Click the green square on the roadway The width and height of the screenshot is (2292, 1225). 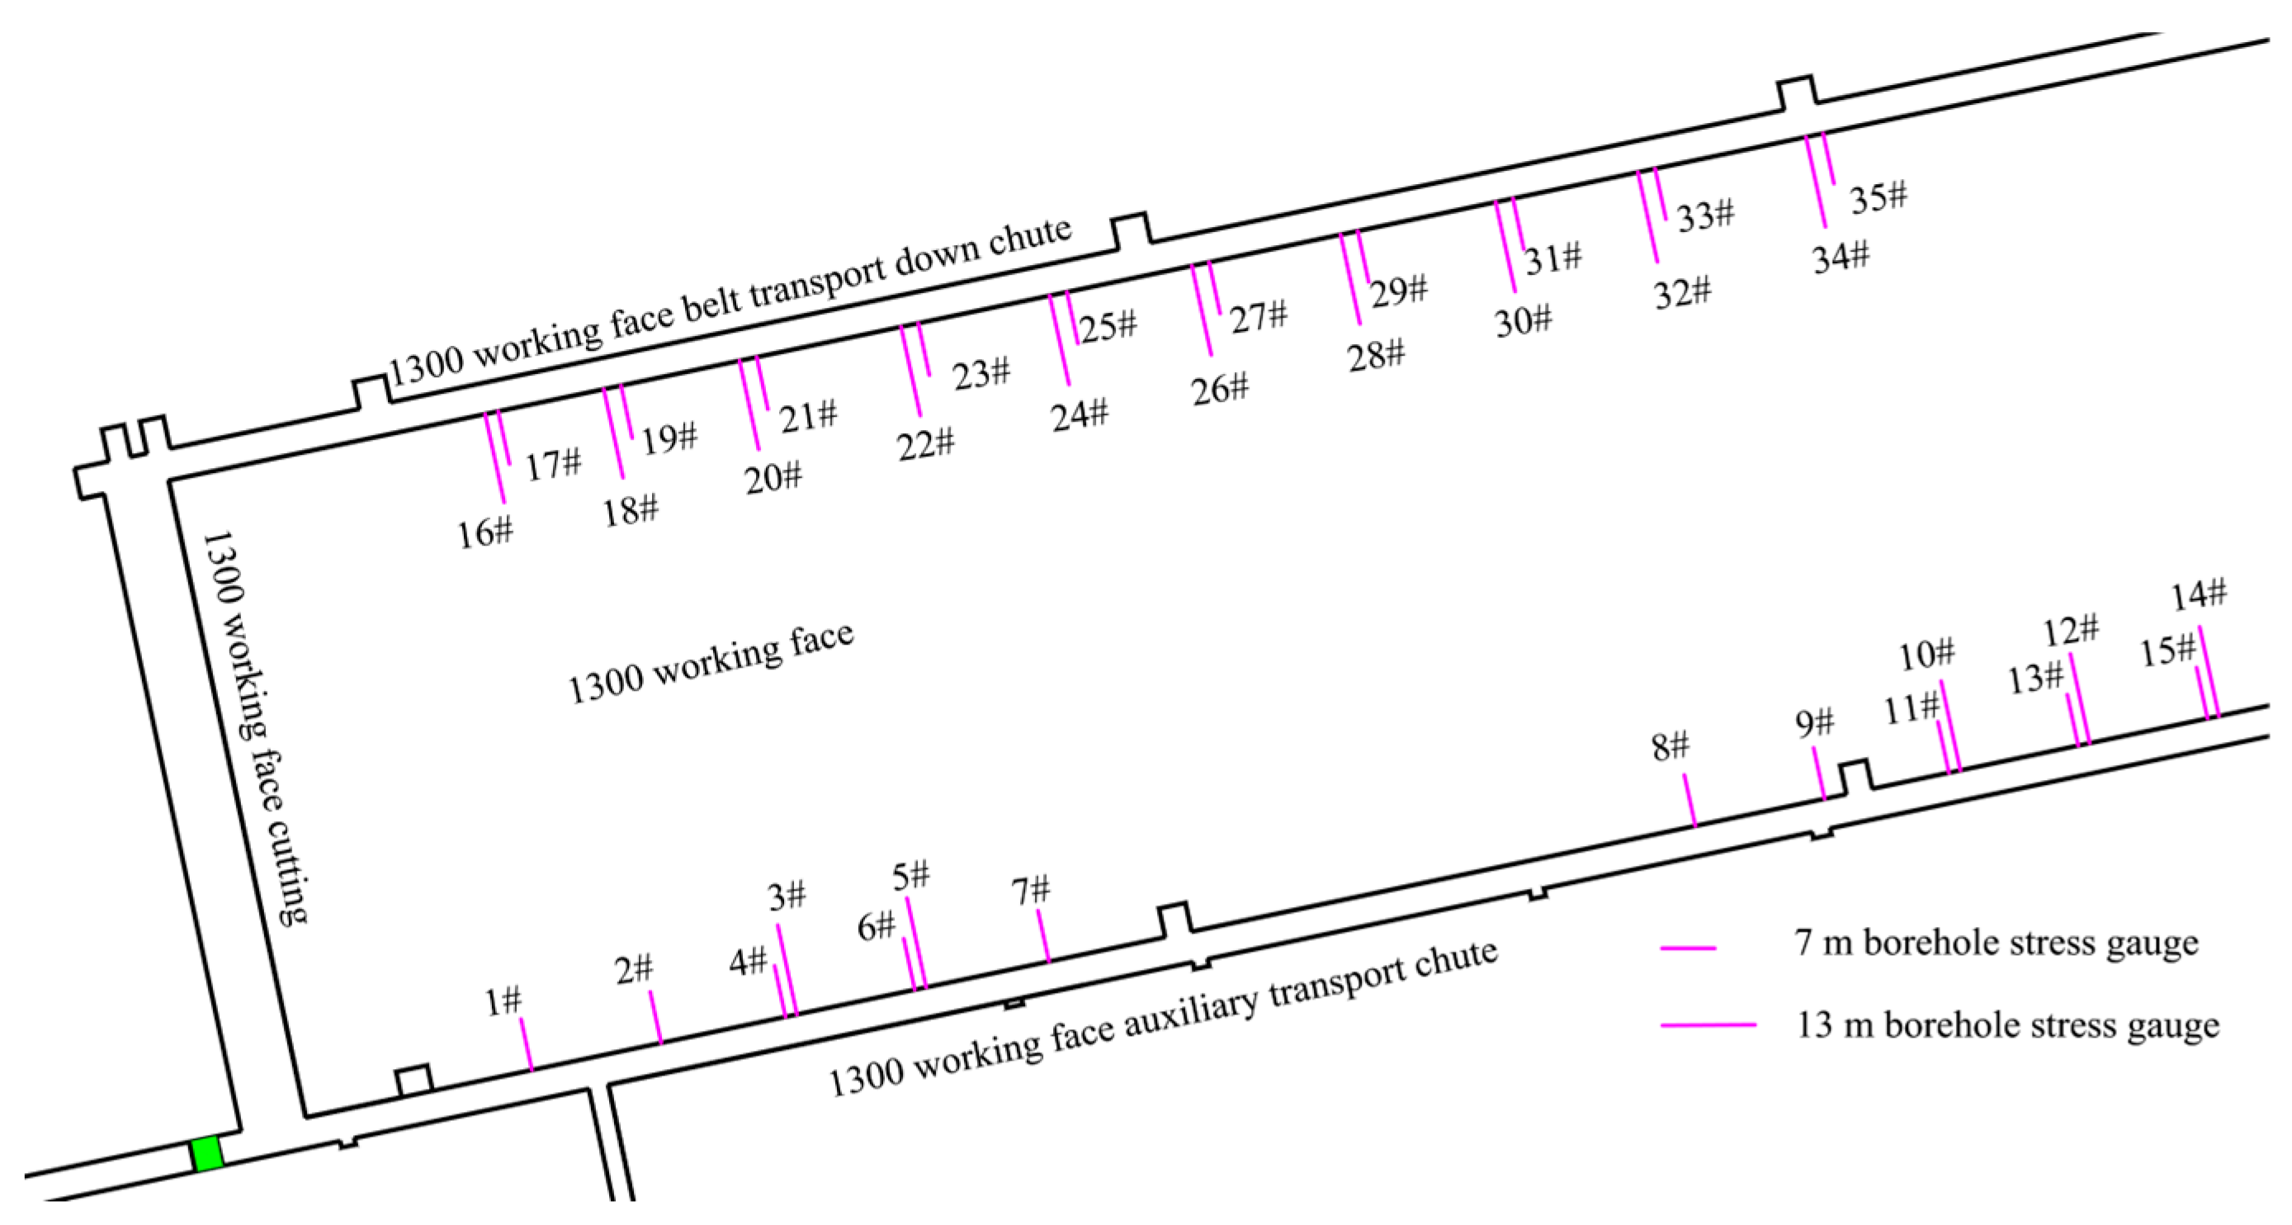pos(207,1154)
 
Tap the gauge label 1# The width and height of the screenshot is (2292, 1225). pos(503,1001)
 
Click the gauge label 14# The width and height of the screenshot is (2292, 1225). pos(2199,594)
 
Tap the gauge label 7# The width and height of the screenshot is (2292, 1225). pos(1030,890)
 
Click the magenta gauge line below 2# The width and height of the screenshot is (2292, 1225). pos(656,1017)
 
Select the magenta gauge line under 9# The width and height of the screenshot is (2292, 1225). pos(1820,773)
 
